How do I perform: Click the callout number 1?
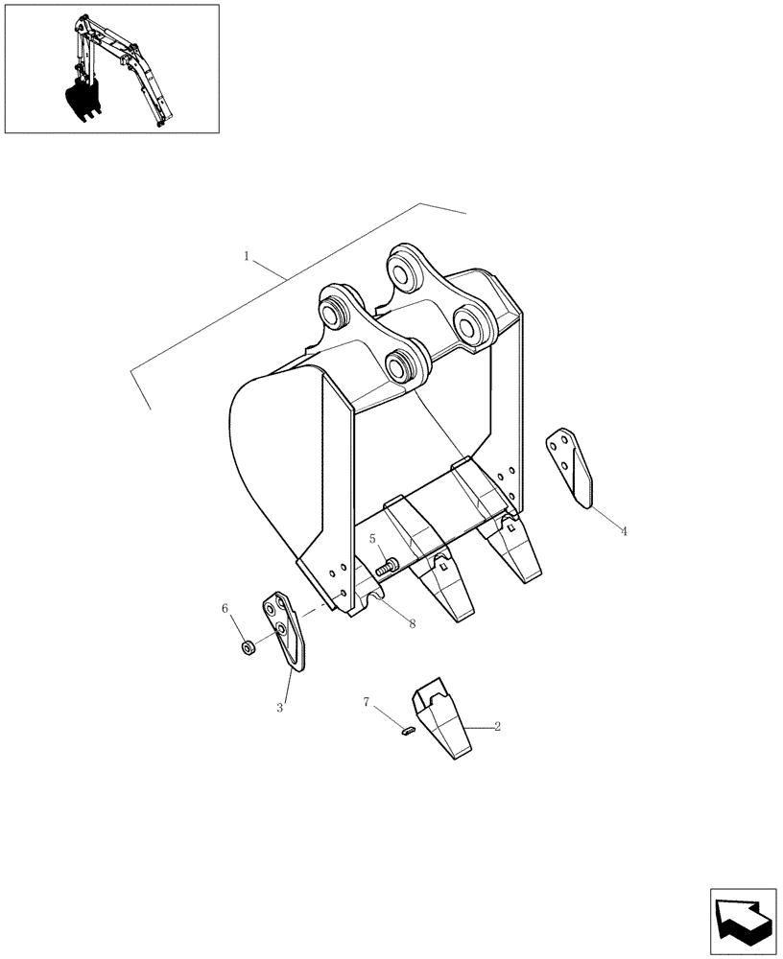coord(248,256)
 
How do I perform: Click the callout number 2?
coord(498,727)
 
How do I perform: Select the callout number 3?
coord(280,708)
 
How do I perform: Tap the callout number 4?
coord(624,530)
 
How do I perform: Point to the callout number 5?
coord(372,540)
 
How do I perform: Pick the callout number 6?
coord(225,608)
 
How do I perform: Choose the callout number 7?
coord(367,703)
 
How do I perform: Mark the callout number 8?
coord(412,623)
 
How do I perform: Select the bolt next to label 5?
coord(387,567)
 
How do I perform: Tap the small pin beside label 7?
coord(406,733)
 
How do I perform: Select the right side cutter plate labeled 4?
coord(572,466)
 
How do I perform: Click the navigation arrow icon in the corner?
coord(743,922)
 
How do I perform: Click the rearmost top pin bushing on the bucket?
coord(403,268)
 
